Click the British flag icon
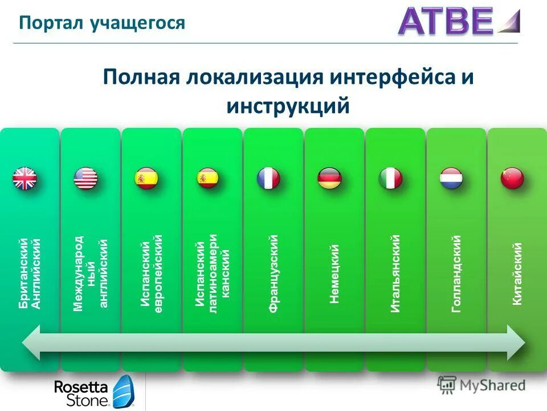[x=25, y=178]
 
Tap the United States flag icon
[x=85, y=178]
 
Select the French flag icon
[x=268, y=178]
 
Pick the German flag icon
[x=329, y=178]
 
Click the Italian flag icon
[x=390, y=178]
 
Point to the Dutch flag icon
[x=451, y=178]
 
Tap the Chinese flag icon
[x=512, y=178]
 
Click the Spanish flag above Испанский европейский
[x=146, y=178]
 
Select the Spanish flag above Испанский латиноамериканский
[x=207, y=178]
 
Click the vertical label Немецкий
[x=334, y=273]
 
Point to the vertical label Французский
[x=273, y=273]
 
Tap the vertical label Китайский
[x=517, y=273]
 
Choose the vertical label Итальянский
[x=395, y=273]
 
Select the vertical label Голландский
[x=456, y=273]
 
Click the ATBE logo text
[x=445, y=21]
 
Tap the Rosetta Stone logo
[x=93, y=393]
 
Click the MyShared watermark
[x=481, y=385]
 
